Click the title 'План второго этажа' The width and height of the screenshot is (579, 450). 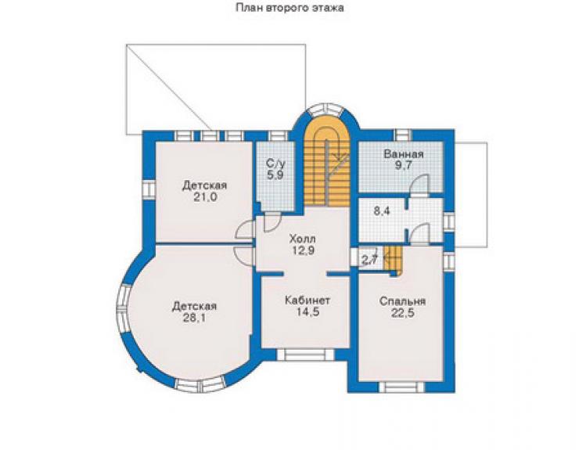pyautogui.click(x=289, y=8)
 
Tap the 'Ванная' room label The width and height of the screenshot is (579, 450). pyautogui.click(x=404, y=153)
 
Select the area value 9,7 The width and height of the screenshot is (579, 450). pyautogui.click(x=403, y=165)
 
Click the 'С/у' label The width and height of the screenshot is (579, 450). pyautogui.click(x=276, y=163)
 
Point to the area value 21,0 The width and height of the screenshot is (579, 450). pyautogui.click(x=205, y=197)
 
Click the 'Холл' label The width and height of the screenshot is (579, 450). pyautogui.click(x=303, y=238)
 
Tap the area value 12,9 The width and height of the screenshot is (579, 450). pyautogui.click(x=303, y=250)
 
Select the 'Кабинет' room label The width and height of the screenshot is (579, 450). pyautogui.click(x=307, y=300)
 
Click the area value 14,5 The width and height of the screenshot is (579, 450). pyautogui.click(x=307, y=311)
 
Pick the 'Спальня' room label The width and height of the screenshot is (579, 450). pyautogui.click(x=402, y=301)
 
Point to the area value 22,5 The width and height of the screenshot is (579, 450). pyautogui.click(x=402, y=313)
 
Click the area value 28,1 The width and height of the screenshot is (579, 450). pyautogui.click(x=194, y=318)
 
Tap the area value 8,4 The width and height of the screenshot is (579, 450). pyautogui.click(x=382, y=211)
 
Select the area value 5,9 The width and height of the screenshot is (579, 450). pyautogui.click(x=276, y=175)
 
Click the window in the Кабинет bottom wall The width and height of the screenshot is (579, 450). pyautogui.click(x=305, y=355)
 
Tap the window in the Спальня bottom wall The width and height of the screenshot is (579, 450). pyautogui.click(x=401, y=387)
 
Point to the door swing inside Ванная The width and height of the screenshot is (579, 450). pyautogui.click(x=420, y=183)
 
